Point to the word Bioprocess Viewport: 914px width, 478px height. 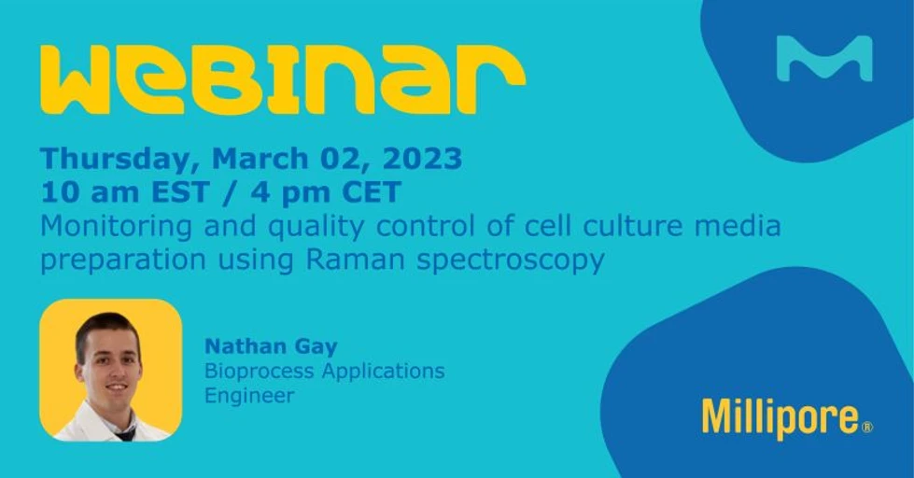pyautogui.click(x=259, y=372)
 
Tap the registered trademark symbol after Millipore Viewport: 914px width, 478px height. pyautogui.click(x=867, y=427)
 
